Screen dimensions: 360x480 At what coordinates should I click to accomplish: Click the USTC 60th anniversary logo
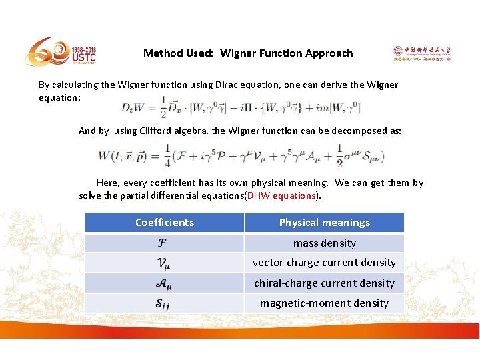tap(61, 52)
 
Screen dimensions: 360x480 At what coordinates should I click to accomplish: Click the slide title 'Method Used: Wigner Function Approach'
tap(248, 53)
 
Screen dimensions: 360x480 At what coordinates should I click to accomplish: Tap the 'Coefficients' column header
tap(165, 223)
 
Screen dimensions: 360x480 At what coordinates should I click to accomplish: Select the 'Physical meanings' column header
tap(325, 223)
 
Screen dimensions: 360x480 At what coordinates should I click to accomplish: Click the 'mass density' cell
tap(325, 243)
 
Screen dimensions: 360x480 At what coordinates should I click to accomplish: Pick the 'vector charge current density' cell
tap(325, 263)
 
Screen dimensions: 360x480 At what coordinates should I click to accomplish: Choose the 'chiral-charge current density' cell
tap(325, 283)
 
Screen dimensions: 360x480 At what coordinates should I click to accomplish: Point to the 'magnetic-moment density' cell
tap(325, 303)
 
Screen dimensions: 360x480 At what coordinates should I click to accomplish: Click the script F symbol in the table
tap(163, 243)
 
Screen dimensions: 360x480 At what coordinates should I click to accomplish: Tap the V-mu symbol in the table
tap(163, 263)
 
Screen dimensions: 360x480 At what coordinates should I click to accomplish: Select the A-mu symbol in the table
tap(163, 283)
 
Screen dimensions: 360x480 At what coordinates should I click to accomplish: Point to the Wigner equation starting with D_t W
tap(240, 107)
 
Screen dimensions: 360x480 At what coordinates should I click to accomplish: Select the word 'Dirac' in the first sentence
tap(229, 85)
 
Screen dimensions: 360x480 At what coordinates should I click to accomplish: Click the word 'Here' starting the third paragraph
tap(108, 183)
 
